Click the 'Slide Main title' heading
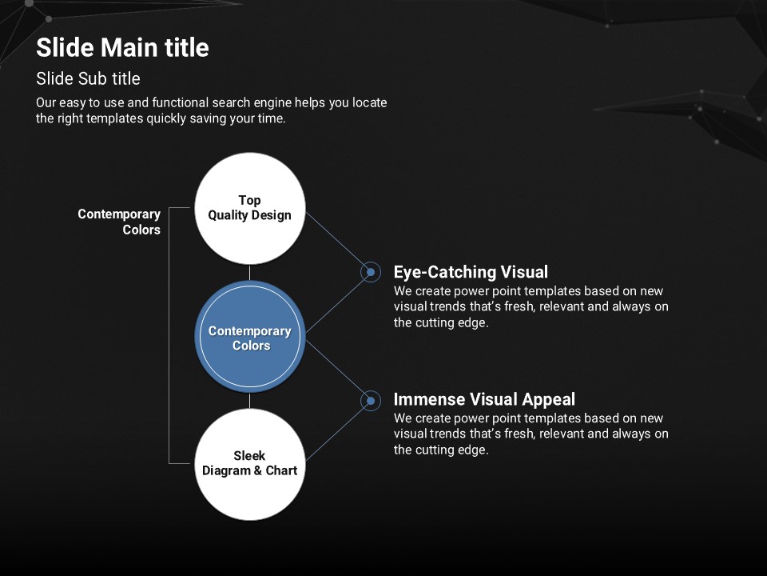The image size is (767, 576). tap(122, 48)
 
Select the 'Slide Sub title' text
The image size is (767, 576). tap(88, 78)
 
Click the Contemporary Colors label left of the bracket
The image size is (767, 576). tap(120, 222)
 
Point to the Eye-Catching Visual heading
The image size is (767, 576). tap(471, 272)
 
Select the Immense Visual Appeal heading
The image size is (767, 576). tap(484, 400)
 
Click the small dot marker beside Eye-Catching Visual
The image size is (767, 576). tap(370, 272)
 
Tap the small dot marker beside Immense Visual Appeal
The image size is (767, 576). tap(370, 400)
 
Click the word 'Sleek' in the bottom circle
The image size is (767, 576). tap(249, 456)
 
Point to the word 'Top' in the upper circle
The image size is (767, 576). tap(249, 200)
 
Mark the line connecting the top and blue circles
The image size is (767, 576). tap(250, 272)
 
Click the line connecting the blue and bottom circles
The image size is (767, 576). tap(250, 400)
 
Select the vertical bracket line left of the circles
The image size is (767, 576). tap(169, 336)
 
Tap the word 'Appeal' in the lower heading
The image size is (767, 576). tap(548, 400)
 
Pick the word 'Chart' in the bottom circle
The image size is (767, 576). tap(281, 470)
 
